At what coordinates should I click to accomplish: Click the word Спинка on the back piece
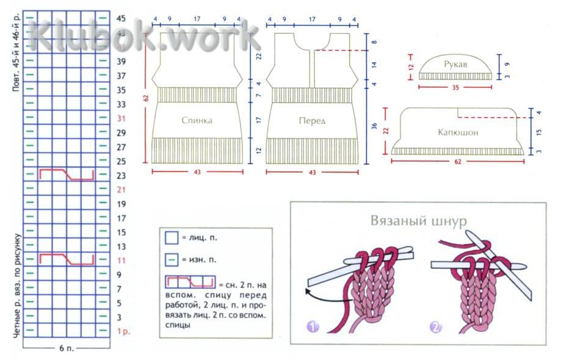pos(197,120)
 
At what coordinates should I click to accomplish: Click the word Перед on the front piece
pos(312,121)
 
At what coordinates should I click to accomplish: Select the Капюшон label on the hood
pos(457,132)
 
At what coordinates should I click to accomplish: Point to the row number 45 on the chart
pos(121,18)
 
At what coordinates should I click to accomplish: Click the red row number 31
pos(121,118)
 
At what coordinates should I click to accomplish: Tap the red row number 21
pos(121,189)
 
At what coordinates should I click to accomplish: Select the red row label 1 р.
pos(123,332)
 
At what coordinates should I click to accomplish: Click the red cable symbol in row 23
pos(67,175)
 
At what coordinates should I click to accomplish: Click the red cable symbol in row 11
pos(67,259)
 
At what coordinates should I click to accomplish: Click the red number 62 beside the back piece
pos(147,97)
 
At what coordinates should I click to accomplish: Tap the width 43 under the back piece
pos(197,173)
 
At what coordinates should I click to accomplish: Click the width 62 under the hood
pos(457,162)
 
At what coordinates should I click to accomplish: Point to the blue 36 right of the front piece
pos(375,126)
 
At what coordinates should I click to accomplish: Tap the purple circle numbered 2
pos(436,327)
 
